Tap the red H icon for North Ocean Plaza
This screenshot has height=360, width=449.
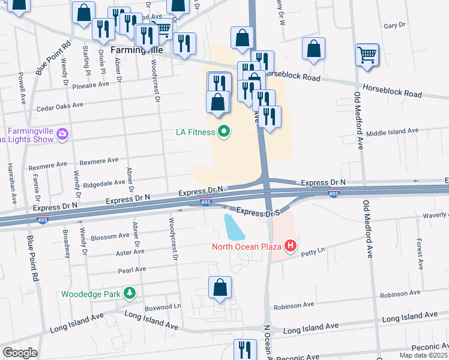(x=291, y=245)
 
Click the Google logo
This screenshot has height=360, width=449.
(x=20, y=353)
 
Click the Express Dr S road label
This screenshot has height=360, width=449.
(x=259, y=212)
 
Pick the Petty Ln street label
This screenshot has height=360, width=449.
(x=312, y=249)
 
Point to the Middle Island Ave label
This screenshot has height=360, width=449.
(x=392, y=131)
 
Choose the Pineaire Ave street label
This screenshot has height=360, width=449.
(x=89, y=85)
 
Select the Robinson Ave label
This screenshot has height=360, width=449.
(x=398, y=295)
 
